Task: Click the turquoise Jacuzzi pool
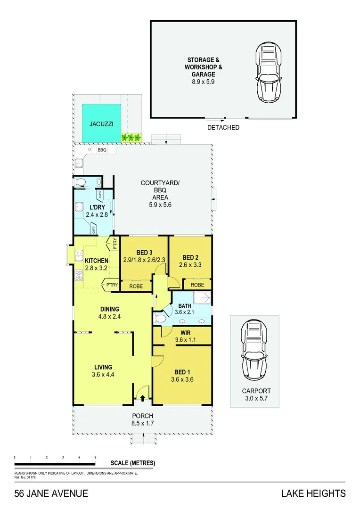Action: pyautogui.click(x=101, y=123)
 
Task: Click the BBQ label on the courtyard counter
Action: pyautogui.click(x=102, y=150)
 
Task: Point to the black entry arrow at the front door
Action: pyautogui.click(x=143, y=398)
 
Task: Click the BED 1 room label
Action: pyautogui.click(x=182, y=372)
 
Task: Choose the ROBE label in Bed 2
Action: pyautogui.click(x=197, y=285)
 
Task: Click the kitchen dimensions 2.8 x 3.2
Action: pyautogui.click(x=97, y=268)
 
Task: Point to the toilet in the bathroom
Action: pyautogui.click(x=160, y=319)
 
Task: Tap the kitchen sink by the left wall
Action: pyautogui.click(x=77, y=256)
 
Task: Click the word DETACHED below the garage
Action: pyautogui.click(x=223, y=127)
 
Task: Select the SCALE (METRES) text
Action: pyautogui.click(x=132, y=463)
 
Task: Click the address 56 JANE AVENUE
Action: pyautogui.click(x=51, y=493)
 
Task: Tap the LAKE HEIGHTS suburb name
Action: pyautogui.click(x=313, y=493)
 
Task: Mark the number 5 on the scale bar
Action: pyautogui.click(x=95, y=458)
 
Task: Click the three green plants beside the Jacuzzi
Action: pyautogui.click(x=131, y=138)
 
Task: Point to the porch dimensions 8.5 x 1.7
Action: pyautogui.click(x=143, y=423)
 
